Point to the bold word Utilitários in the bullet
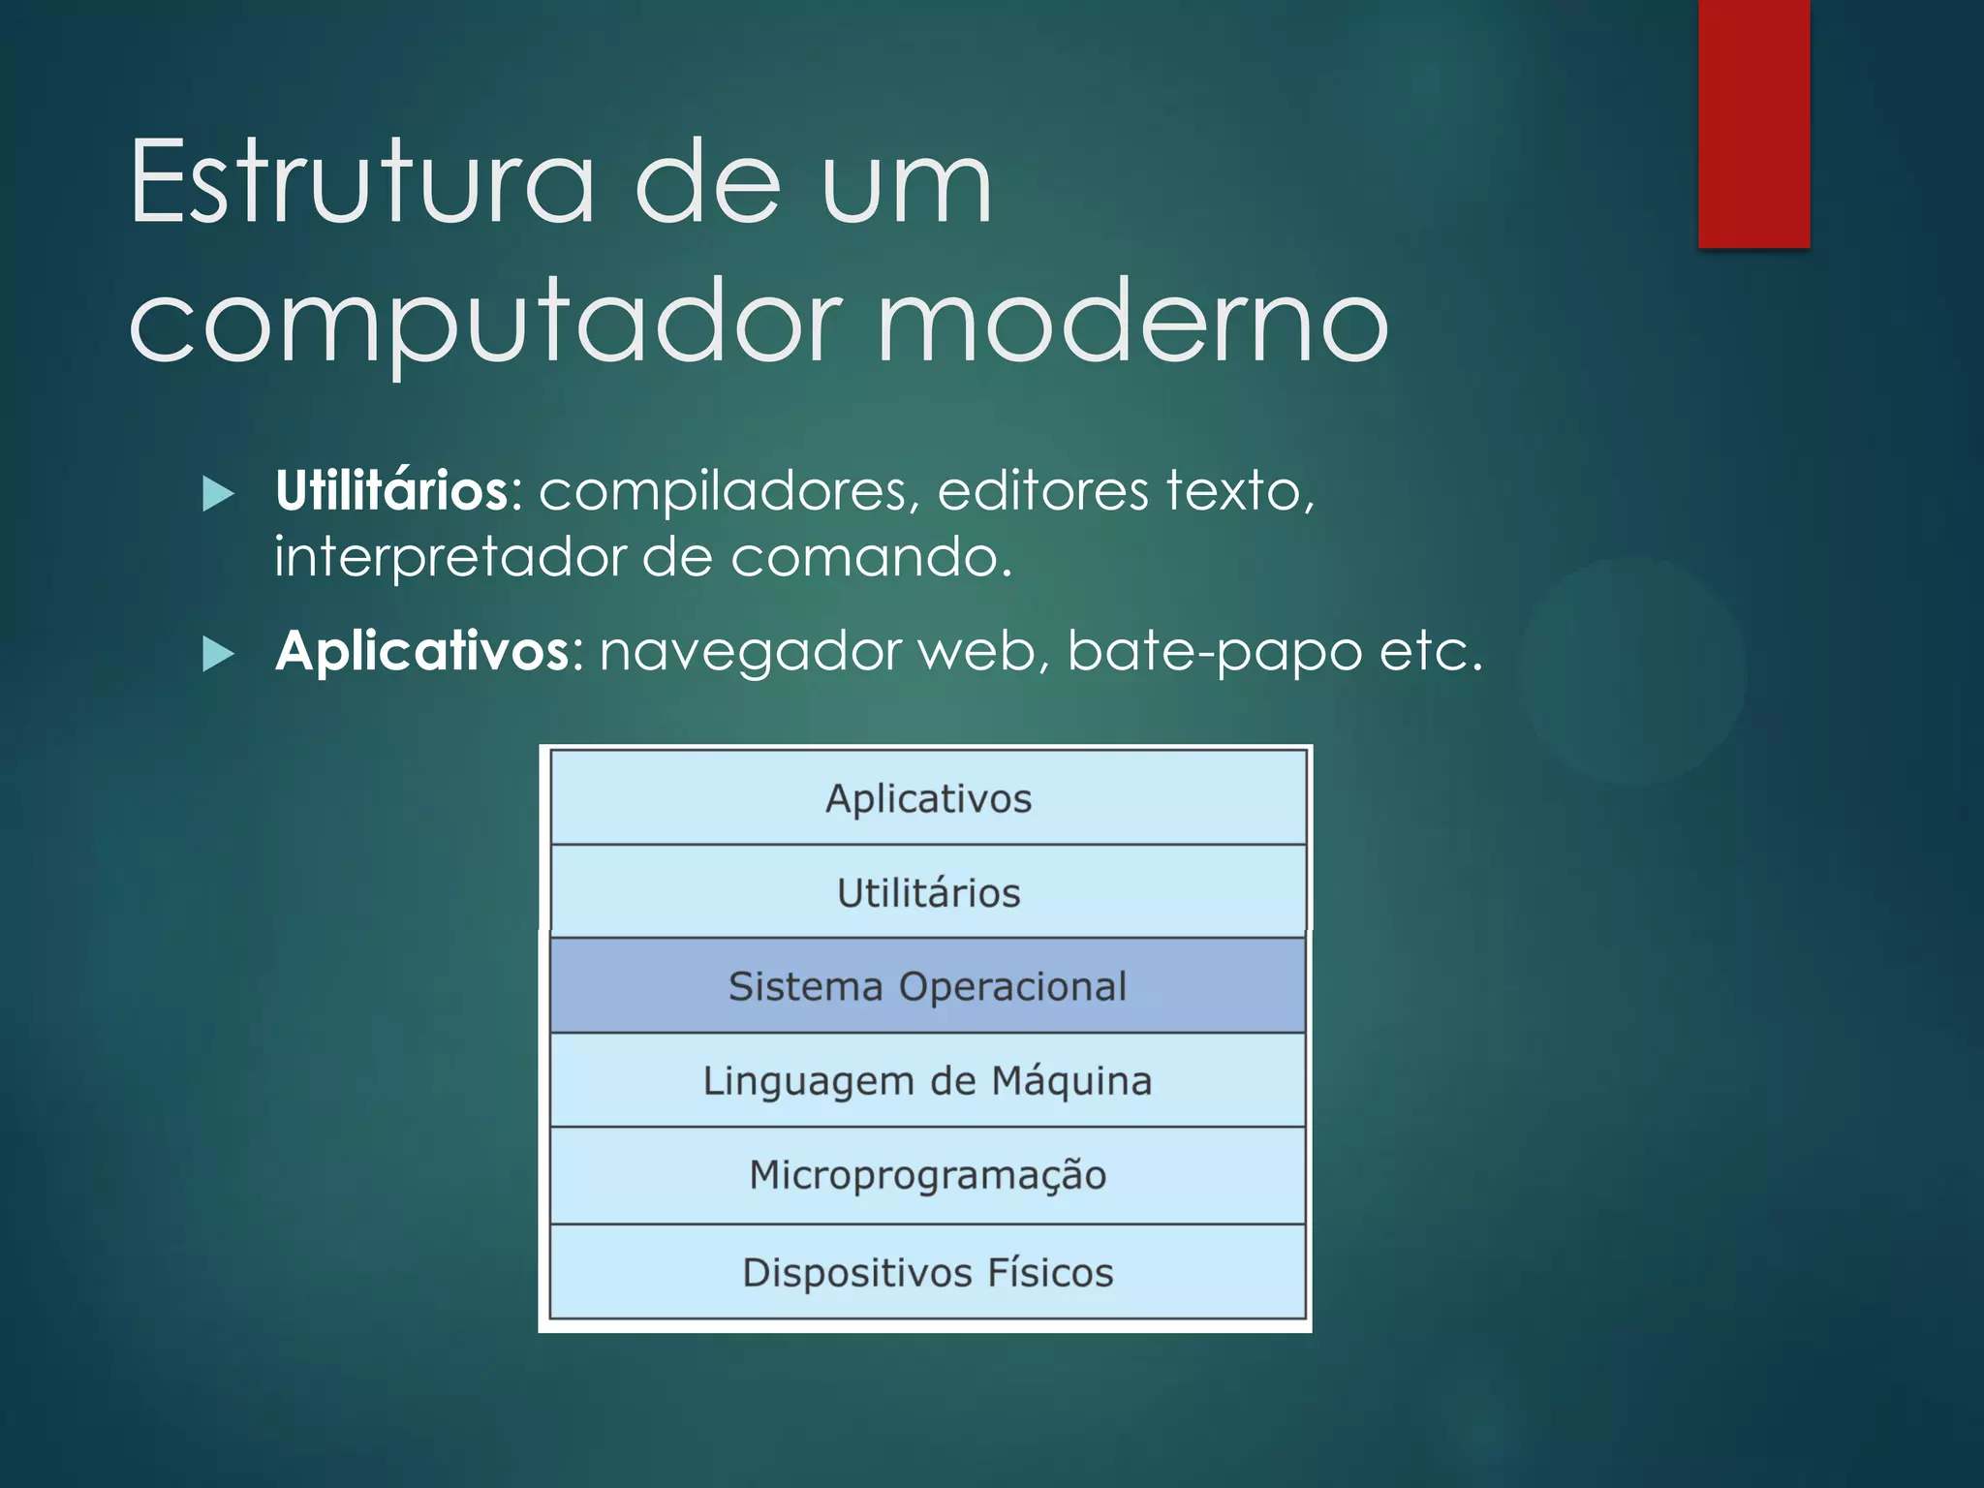392,490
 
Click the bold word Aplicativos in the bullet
423,650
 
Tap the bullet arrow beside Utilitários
219,494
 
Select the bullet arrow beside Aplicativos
219,655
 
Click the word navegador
751,652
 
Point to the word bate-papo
1215,652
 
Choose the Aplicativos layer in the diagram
928,798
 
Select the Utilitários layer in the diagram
928,892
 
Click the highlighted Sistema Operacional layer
928,986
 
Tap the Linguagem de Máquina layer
928,1080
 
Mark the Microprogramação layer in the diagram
928,1175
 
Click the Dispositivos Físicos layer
928,1272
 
